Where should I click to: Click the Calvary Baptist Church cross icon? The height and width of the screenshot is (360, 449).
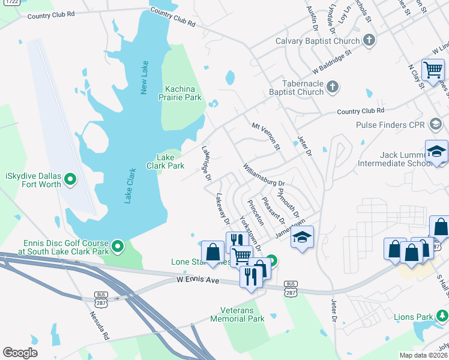click(369, 41)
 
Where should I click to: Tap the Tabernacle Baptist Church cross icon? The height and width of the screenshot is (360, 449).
click(332, 88)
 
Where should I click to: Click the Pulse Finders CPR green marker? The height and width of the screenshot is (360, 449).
click(436, 125)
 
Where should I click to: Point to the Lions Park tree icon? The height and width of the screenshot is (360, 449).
click(442, 316)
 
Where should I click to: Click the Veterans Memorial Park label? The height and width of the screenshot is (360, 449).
click(237, 314)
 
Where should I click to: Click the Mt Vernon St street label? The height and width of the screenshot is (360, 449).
click(266, 136)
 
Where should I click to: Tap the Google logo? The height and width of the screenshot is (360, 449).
click(20, 353)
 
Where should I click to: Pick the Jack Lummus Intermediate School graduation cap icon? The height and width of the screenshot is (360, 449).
click(436, 151)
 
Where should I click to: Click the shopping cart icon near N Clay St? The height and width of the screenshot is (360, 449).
click(432, 70)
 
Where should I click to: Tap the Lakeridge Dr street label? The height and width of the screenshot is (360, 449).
click(206, 162)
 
